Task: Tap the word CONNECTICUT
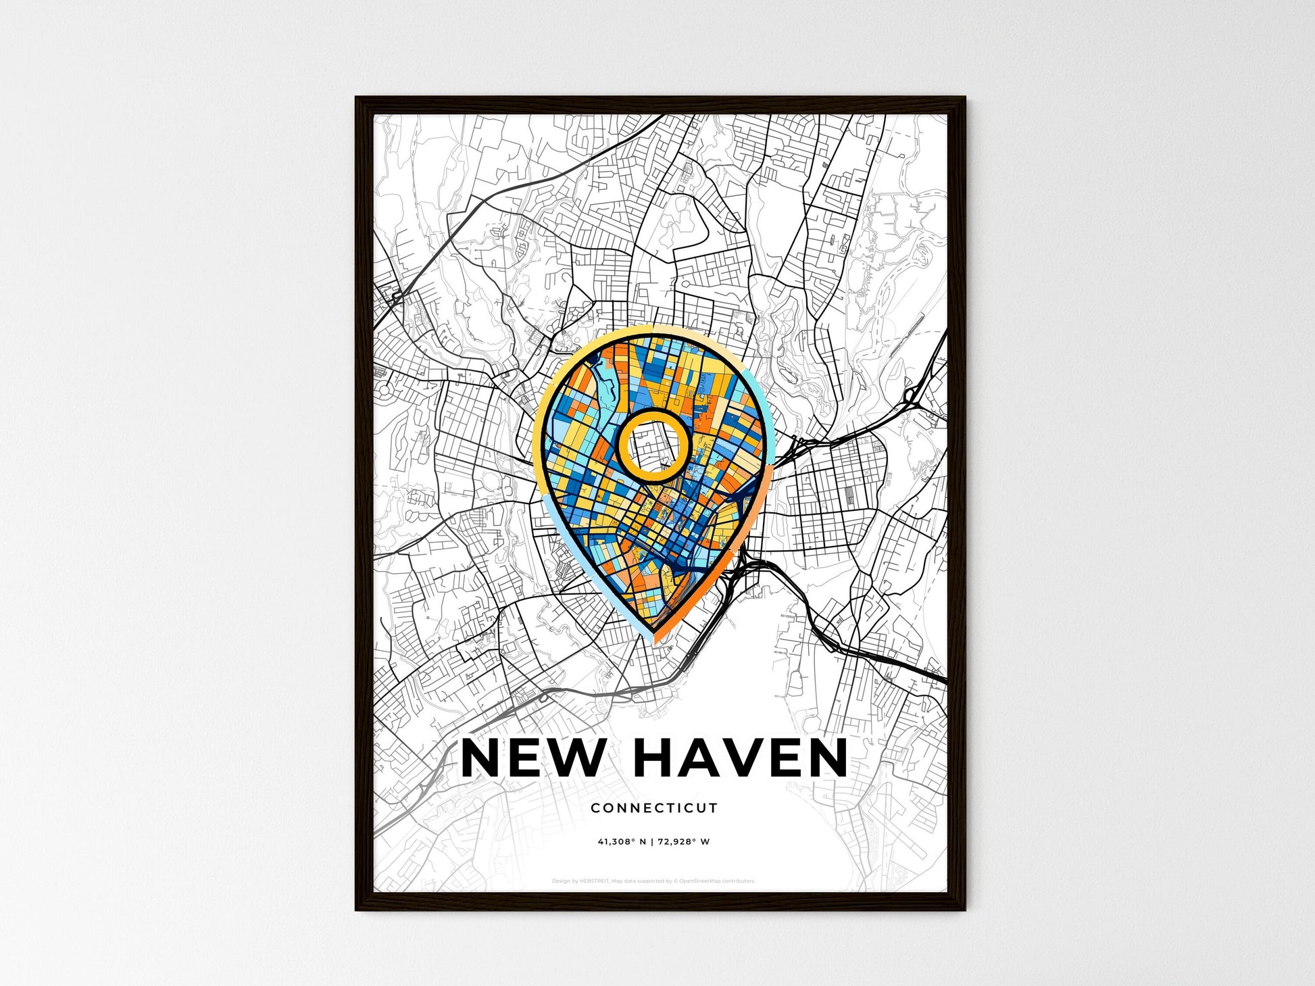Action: pyautogui.click(x=653, y=808)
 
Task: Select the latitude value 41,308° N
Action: pyautogui.click(x=622, y=842)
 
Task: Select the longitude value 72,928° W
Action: pyautogui.click(x=685, y=842)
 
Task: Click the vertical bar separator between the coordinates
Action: pyautogui.click(x=653, y=842)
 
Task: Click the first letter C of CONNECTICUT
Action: pyautogui.click(x=595, y=808)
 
